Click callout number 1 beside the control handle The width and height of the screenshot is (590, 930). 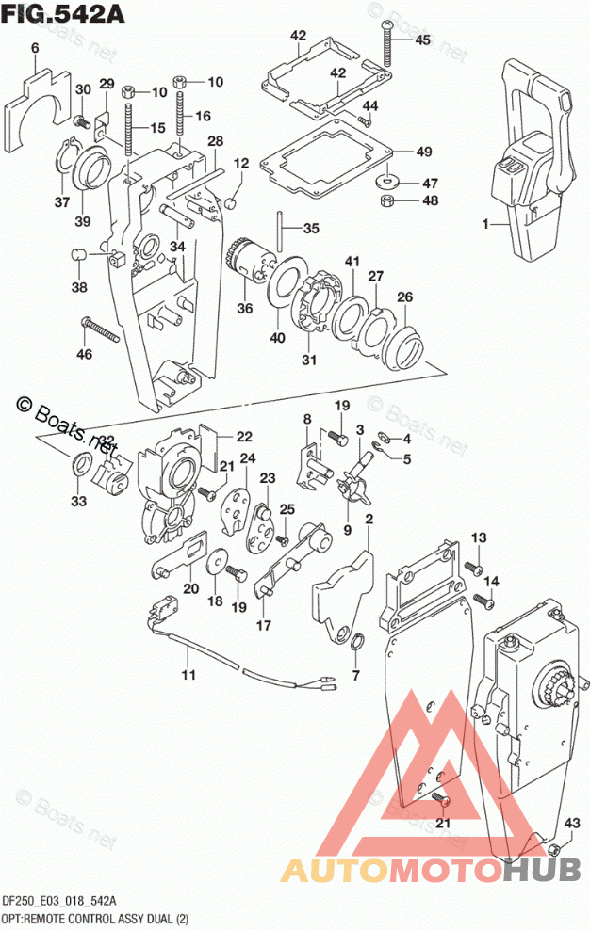click(x=486, y=225)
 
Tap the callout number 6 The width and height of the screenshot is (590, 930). click(x=35, y=48)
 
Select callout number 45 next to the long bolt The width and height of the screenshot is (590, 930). click(x=421, y=40)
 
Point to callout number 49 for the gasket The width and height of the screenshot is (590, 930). click(x=423, y=152)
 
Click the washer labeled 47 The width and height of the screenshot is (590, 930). click(x=386, y=180)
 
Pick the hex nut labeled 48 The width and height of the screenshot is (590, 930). click(x=385, y=200)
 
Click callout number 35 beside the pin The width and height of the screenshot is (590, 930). click(x=311, y=228)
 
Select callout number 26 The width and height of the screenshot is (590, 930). click(x=403, y=297)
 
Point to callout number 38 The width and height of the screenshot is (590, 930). click(x=79, y=288)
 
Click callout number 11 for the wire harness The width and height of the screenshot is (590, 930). click(x=188, y=675)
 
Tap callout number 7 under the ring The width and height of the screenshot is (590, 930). click(x=355, y=675)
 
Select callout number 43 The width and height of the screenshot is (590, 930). click(x=572, y=824)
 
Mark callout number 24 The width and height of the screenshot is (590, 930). click(x=248, y=458)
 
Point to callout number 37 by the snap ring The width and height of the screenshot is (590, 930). click(x=62, y=202)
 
